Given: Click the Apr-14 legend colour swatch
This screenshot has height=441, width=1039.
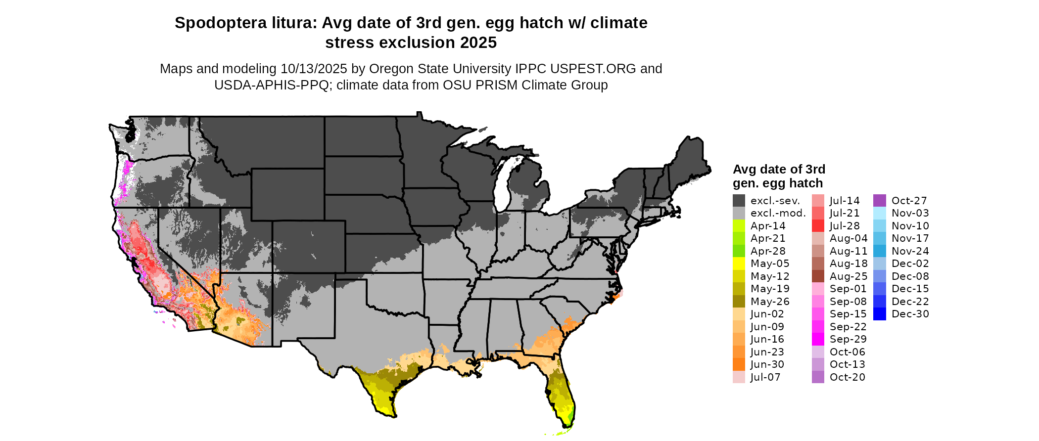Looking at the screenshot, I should pyautogui.click(x=739, y=226).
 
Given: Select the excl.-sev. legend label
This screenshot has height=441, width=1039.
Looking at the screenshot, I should pyautogui.click(x=775, y=201).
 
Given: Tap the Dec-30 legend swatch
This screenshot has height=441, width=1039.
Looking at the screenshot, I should pyautogui.click(x=879, y=314).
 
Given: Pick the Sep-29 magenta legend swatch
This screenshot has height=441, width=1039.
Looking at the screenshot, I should pyautogui.click(x=818, y=339).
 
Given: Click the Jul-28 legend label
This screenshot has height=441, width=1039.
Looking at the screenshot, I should pyautogui.click(x=845, y=226).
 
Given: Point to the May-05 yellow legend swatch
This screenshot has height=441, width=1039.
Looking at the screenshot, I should pyautogui.click(x=739, y=264).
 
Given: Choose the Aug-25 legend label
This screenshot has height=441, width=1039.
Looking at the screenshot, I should pyautogui.click(x=849, y=276).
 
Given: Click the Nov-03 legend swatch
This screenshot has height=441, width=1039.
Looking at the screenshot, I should pyautogui.click(x=879, y=213).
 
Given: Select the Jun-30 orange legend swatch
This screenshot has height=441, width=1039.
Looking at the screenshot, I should pyautogui.click(x=739, y=364).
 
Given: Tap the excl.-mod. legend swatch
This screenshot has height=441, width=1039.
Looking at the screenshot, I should pyautogui.click(x=739, y=213).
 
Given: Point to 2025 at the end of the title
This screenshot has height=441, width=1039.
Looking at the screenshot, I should pyautogui.click(x=478, y=43).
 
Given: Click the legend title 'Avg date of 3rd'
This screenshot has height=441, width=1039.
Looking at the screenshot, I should pyautogui.click(x=779, y=170).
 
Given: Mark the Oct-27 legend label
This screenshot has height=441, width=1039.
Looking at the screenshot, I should pyautogui.click(x=909, y=201).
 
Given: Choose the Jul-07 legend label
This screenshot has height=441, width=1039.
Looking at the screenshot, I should pyautogui.click(x=765, y=377).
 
